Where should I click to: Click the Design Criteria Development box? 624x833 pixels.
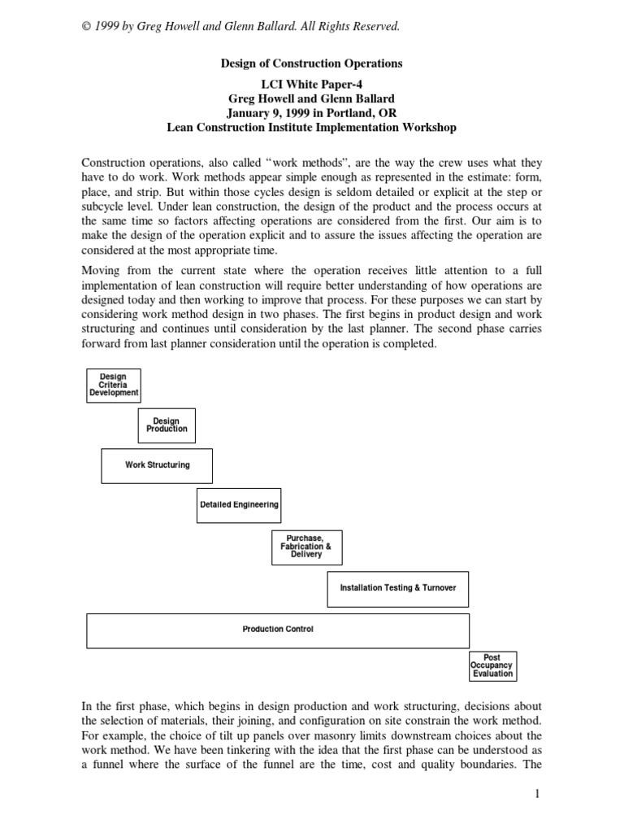click(x=114, y=386)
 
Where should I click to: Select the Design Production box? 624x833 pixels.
click(x=167, y=425)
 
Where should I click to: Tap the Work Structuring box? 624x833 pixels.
click(x=157, y=465)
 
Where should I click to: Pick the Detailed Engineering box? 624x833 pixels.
click(x=239, y=504)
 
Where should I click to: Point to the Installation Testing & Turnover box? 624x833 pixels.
click(x=398, y=588)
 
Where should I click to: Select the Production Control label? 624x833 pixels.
click(x=278, y=630)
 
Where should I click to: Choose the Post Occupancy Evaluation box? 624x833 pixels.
click(x=492, y=665)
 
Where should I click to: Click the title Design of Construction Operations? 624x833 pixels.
click(x=311, y=63)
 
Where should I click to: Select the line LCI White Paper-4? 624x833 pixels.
click(x=311, y=85)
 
